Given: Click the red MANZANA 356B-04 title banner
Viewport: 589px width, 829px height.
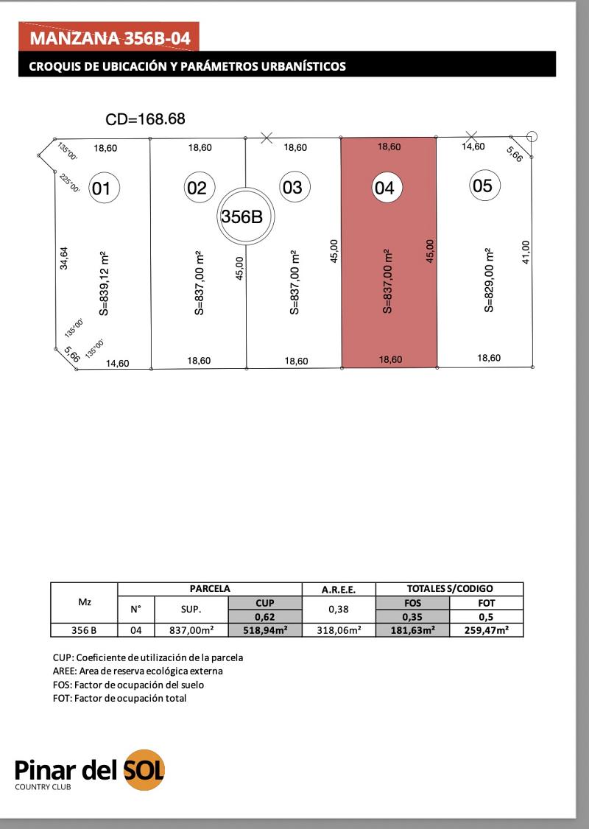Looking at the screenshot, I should click(109, 37).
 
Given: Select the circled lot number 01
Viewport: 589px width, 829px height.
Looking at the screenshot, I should click(102, 188).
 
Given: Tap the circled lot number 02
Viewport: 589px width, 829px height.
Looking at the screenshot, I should click(197, 188).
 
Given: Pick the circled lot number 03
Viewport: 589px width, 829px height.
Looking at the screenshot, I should click(292, 188).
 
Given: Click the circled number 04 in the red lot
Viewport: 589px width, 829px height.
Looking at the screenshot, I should click(384, 188).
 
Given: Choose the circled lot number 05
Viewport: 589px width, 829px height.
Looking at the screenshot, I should click(482, 186).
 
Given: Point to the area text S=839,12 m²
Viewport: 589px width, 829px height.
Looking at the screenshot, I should click(104, 283).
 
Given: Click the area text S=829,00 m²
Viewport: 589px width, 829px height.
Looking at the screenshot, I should click(488, 281).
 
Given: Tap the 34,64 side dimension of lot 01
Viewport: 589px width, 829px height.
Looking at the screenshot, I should click(64, 258).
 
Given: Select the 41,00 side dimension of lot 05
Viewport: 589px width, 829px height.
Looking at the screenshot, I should click(525, 253).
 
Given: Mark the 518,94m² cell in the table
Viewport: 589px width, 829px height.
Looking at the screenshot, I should click(264, 630).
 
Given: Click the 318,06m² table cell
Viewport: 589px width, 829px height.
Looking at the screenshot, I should click(339, 630).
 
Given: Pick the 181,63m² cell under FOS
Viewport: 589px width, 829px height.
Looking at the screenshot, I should click(412, 630).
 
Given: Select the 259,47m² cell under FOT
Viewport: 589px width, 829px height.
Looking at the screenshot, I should click(486, 630).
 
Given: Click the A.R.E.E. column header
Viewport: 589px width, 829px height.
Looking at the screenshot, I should click(339, 589).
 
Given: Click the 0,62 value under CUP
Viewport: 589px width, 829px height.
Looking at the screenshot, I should click(264, 617).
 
